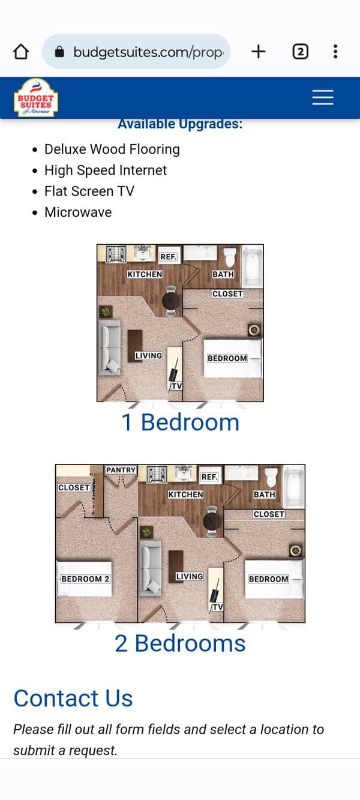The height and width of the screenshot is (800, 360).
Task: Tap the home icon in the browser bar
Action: click(21, 52)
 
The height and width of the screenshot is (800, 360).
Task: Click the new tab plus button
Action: click(258, 52)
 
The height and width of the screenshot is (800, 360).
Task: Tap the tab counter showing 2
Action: click(301, 52)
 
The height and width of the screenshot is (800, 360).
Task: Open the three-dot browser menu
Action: click(335, 52)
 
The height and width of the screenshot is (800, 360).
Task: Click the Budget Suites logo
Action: click(36, 97)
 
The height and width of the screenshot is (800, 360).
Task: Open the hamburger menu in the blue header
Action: click(323, 97)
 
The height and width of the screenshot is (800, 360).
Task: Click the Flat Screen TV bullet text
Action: click(89, 191)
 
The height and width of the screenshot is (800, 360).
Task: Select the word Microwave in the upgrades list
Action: click(78, 212)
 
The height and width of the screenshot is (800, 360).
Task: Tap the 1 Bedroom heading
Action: click(180, 422)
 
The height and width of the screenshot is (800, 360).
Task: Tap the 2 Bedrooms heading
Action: click(180, 643)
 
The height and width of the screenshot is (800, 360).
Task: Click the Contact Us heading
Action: click(73, 698)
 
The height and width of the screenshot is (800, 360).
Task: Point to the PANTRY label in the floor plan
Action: click(121, 470)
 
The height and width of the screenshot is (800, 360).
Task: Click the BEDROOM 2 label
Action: click(85, 579)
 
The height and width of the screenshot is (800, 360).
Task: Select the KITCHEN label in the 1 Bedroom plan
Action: click(145, 274)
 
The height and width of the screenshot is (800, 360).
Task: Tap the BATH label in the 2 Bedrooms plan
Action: click(264, 495)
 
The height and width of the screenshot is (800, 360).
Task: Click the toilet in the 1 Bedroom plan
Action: click(230, 257)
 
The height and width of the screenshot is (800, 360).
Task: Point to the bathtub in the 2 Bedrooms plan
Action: click(293, 486)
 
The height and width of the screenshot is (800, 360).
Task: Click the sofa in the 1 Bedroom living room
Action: click(109, 348)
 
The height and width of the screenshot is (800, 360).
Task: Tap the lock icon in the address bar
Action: click(59, 52)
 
